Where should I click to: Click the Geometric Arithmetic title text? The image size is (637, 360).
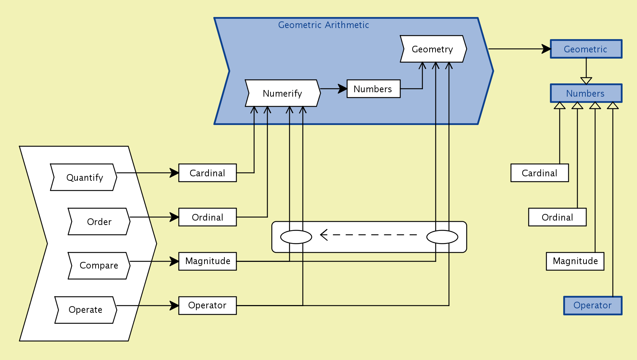coord(323,25)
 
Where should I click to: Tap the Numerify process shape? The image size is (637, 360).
coord(282,93)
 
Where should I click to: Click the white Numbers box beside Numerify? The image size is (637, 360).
coord(373,89)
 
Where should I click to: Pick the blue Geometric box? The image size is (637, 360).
coord(586,49)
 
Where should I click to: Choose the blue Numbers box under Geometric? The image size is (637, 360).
coord(586,93)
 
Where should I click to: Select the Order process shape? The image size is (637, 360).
coord(99,222)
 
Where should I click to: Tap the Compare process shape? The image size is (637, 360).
coord(99,266)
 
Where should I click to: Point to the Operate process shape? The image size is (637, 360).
coord(85,310)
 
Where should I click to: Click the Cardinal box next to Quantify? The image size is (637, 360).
coord(207,173)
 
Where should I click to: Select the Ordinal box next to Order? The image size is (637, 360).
coord(207,217)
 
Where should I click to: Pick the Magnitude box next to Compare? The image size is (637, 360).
coord(207,261)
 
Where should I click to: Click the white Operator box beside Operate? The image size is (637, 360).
coord(207,305)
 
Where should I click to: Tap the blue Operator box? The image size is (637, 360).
coord(592,305)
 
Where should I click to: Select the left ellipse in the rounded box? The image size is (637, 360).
coord(296,237)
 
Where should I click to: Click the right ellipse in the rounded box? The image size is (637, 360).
coord(442,237)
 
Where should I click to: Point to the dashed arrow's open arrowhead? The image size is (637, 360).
coord(324,235)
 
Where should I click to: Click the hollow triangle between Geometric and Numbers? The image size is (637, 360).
coord(586,80)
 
